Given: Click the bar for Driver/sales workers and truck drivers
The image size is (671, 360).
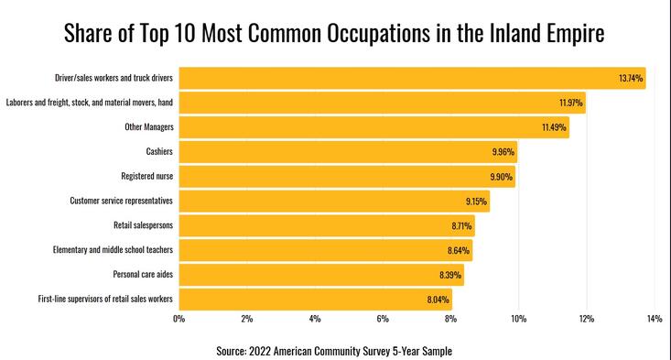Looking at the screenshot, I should [412, 78].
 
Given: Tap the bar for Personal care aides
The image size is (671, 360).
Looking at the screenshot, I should [320, 274].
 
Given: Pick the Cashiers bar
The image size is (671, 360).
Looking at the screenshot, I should [348, 151].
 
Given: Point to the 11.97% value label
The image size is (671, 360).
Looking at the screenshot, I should [572, 103].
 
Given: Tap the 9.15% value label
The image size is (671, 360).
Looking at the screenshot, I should [477, 201].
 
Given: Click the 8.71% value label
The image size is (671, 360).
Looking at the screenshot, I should [461, 225].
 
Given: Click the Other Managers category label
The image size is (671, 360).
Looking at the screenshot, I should [149, 126].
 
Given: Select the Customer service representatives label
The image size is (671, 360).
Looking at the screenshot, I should [122, 200].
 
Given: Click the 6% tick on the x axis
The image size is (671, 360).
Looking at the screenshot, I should [383, 319].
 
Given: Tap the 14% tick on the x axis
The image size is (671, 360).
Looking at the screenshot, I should [654, 319].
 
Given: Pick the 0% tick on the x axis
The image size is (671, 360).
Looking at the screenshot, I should [179, 319].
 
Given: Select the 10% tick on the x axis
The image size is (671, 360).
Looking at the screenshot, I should [518, 319].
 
